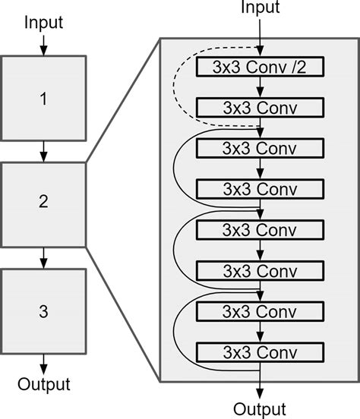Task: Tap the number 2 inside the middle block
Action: pos(43,202)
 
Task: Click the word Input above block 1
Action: pos(43,22)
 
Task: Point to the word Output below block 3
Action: pos(43,383)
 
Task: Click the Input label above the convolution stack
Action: pos(261,8)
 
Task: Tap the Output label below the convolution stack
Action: pos(261,409)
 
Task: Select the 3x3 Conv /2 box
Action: pos(261,67)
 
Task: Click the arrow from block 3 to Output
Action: pos(43,361)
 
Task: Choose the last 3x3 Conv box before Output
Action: pos(261,351)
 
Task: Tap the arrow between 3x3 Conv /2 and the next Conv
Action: pos(261,87)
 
